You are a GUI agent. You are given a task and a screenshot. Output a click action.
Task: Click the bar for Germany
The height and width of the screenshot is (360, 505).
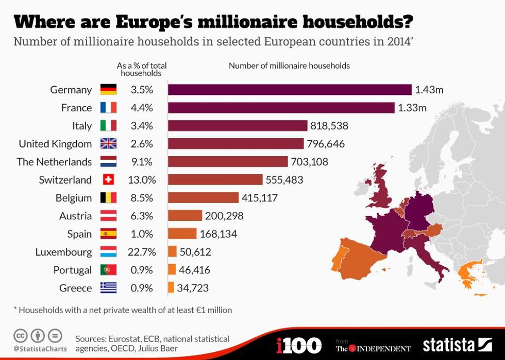(290, 90)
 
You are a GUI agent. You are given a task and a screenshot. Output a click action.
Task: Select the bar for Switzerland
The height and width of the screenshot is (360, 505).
(215, 180)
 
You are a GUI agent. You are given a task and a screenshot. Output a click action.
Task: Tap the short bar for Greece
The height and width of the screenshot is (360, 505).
(171, 288)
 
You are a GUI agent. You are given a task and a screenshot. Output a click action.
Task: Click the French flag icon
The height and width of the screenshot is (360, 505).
(108, 108)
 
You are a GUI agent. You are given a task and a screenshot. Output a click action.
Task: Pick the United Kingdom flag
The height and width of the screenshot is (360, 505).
(108, 144)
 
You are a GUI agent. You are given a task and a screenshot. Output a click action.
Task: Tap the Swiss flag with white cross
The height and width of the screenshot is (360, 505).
(108, 180)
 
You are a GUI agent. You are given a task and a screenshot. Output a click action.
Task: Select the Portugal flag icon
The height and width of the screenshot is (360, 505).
(108, 270)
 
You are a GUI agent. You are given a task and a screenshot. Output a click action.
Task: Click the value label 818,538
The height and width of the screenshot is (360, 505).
(330, 126)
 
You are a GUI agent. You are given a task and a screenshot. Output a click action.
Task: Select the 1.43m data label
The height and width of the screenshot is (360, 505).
(429, 90)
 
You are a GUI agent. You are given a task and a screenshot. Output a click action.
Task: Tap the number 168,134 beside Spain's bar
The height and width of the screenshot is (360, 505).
(218, 234)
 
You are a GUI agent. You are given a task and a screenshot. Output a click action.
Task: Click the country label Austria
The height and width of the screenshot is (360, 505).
(75, 216)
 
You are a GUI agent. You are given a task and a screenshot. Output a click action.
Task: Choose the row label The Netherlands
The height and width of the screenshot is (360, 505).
(54, 162)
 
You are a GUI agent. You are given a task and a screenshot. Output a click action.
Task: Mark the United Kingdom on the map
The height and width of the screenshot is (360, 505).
(382, 186)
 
